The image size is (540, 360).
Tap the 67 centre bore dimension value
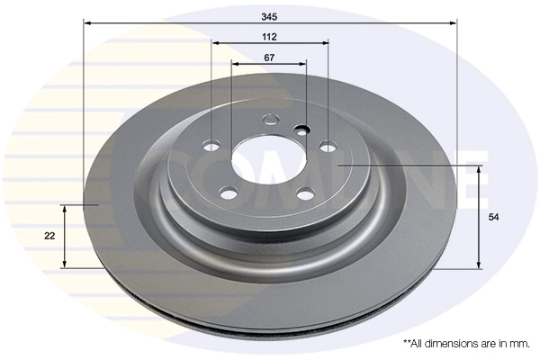pyautogui.click(x=269, y=57)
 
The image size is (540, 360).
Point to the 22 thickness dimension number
pyautogui.click(x=49, y=236)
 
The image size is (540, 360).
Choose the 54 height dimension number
pyautogui.click(x=493, y=218)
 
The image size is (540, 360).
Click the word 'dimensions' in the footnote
pyautogui.click(x=450, y=344)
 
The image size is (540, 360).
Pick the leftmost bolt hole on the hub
pyautogui.click(x=212, y=147)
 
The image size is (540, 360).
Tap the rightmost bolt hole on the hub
pyautogui.click(x=328, y=146)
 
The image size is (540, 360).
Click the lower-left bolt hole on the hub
pyautogui.click(x=229, y=192)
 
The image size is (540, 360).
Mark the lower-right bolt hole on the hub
pyautogui.click(x=306, y=192)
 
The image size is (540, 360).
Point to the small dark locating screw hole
pyautogui.click(x=301, y=128)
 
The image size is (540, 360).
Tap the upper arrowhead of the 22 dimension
pyautogui.click(x=65, y=208)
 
